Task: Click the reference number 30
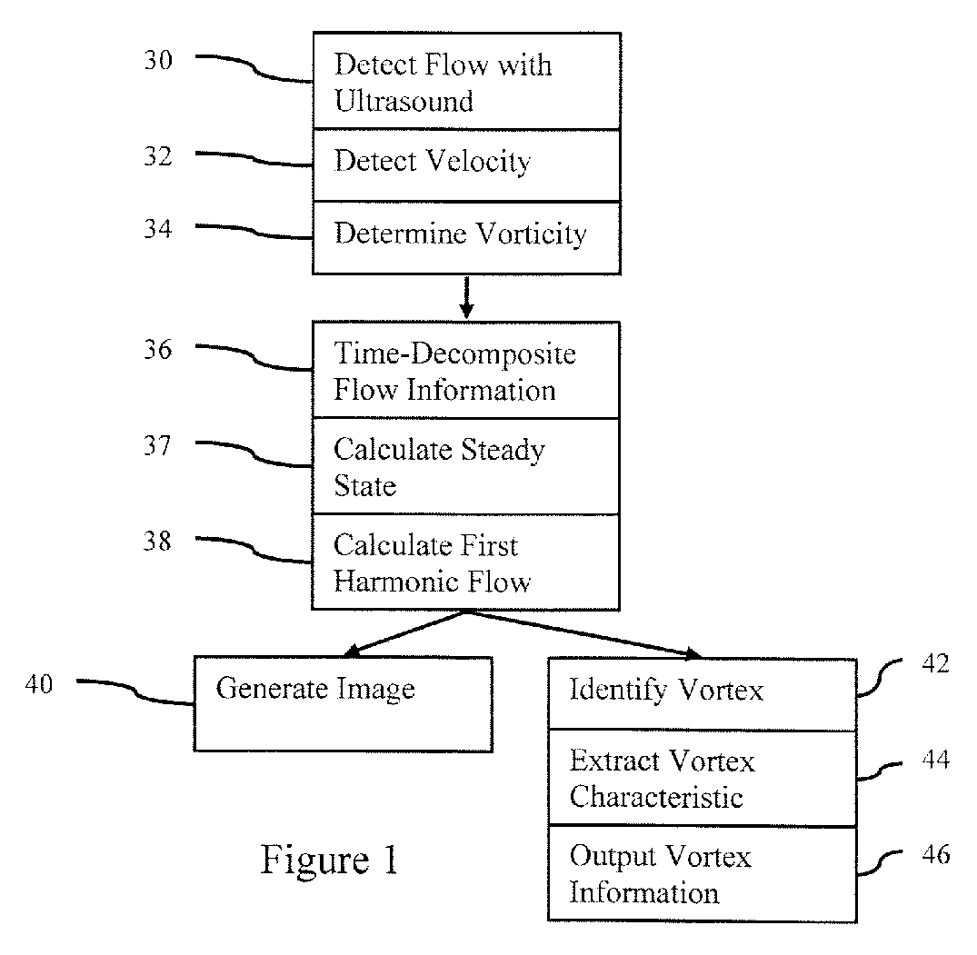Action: pos(158,61)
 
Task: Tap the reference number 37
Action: pos(157,446)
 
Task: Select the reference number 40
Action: pos(39,684)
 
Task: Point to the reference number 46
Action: pos(936,854)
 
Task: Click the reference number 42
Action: pos(935,664)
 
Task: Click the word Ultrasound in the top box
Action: pos(404,101)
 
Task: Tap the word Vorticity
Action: pos(532,234)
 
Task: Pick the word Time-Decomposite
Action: pos(454,353)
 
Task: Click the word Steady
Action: pos(503,451)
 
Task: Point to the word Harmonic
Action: pos(396,582)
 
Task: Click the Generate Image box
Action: pos(344,704)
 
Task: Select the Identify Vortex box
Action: pos(703,694)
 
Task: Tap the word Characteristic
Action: pos(656,797)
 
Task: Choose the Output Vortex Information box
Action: pos(703,874)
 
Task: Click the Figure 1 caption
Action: pos(329,860)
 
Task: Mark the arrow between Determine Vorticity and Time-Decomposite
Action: pos(467,297)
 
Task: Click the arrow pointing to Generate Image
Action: pos(405,633)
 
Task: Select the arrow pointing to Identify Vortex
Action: pos(584,634)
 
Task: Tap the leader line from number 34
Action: pos(254,231)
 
